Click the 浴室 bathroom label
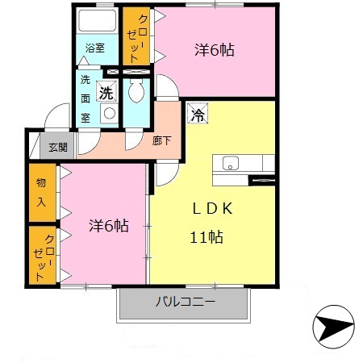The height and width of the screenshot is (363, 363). pyautogui.click(x=95, y=48)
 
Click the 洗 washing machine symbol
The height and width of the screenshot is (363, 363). pyautogui.click(x=106, y=92)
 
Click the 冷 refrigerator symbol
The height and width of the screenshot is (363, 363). pyautogui.click(x=196, y=114)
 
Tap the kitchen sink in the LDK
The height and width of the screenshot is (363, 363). pyautogui.click(x=230, y=164)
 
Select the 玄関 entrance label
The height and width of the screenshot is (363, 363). pyautogui.click(x=56, y=147)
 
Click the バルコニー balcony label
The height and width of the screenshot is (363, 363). pyautogui.click(x=185, y=302)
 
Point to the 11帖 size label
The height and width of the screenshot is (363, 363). pyautogui.click(x=207, y=237)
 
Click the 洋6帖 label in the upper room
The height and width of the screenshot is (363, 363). pyautogui.click(x=214, y=50)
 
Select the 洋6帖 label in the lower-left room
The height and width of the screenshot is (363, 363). pyautogui.click(x=108, y=226)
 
